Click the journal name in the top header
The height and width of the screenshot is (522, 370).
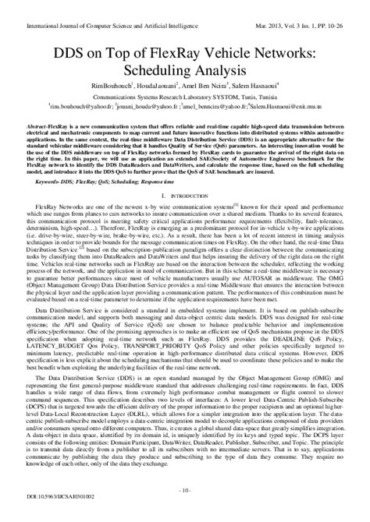click(98, 7)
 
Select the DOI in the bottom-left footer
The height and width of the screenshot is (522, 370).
click(55, 515)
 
